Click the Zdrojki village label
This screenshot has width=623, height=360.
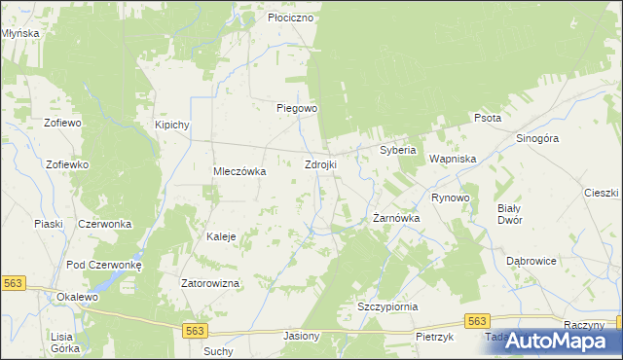(x=321, y=164)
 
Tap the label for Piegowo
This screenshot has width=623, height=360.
(x=297, y=108)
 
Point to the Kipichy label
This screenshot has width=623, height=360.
(x=171, y=126)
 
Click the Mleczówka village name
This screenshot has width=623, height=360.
(x=239, y=171)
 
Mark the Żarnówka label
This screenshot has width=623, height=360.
(x=396, y=219)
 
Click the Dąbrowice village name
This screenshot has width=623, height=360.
(x=531, y=261)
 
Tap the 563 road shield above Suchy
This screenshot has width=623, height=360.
(x=194, y=331)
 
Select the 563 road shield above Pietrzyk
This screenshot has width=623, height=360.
(x=476, y=320)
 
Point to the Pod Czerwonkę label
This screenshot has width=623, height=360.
(x=104, y=265)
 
